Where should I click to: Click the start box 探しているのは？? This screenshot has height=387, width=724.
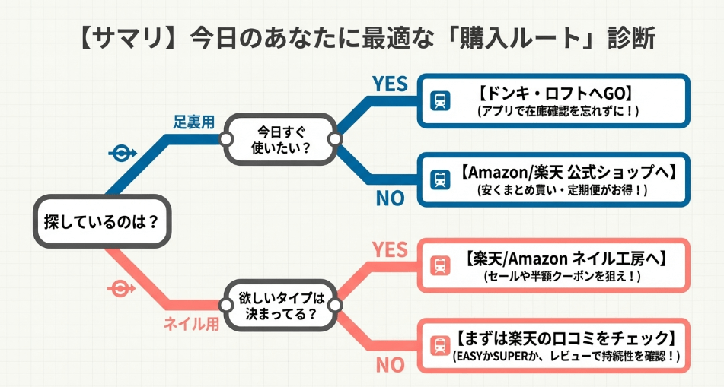(x=100, y=224)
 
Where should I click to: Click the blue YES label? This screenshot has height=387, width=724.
(x=390, y=84)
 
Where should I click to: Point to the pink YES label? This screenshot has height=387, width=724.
(x=390, y=249)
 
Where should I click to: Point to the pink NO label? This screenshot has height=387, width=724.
(x=390, y=365)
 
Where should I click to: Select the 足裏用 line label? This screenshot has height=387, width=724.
(x=193, y=122)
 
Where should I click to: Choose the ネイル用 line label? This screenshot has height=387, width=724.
(x=191, y=324)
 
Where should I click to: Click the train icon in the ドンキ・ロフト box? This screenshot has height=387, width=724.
(x=439, y=101)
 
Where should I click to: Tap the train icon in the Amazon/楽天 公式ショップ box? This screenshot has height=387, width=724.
(x=439, y=180)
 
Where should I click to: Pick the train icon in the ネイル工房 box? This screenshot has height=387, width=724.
(x=439, y=266)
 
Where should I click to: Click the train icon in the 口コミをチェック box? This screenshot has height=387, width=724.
(x=439, y=345)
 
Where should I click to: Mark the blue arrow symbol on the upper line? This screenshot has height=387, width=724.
(x=121, y=153)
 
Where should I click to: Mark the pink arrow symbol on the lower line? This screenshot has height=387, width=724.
(x=121, y=289)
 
